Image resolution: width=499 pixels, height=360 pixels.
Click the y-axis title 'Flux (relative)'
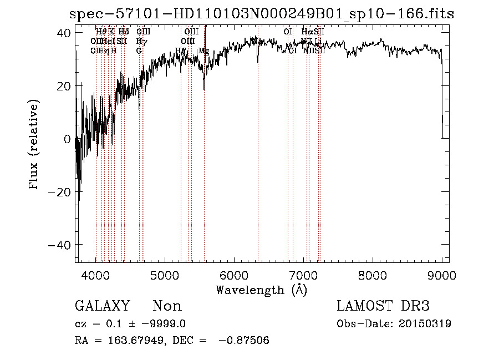pos(34,145)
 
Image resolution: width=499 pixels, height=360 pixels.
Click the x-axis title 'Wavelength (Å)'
pos(261,290)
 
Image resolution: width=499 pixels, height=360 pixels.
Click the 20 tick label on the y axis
pos(65,86)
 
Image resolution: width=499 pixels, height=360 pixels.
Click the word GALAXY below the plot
pos(103,306)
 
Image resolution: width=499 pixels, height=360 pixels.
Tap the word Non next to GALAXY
pos(167,306)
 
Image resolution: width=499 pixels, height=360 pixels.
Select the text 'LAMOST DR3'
pos(383,306)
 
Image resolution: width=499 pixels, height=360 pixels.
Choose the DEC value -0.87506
pos(245,341)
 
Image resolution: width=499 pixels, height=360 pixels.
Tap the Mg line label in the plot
pos(203,51)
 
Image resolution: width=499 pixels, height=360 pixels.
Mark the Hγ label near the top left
pos(141,41)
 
